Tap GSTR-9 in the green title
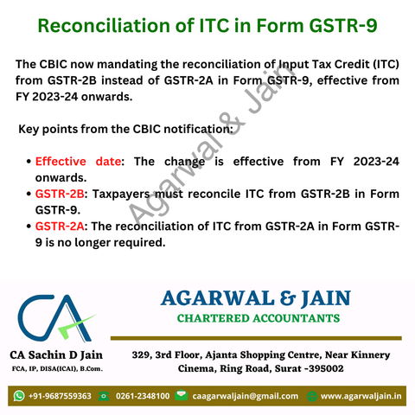pos(343,25)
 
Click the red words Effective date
pos(78,162)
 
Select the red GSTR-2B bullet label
pos(60,194)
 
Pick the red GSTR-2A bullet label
pos(60,227)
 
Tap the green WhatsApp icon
pos(19,396)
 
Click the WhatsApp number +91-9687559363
pos(60,396)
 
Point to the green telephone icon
pos(104,396)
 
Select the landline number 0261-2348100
pos(143,396)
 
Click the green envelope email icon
pos(181,395)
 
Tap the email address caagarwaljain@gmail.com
pos(246,396)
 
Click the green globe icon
pos(312,396)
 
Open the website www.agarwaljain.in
pos(361,396)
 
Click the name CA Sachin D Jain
pos(56,355)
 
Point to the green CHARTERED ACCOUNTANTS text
pos(259,318)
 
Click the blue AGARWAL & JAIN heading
pos(256,298)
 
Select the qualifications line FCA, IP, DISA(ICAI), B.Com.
pos(57,368)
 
